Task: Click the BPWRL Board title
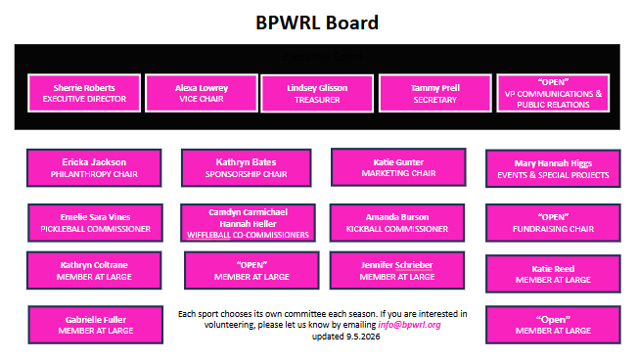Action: pos(317,22)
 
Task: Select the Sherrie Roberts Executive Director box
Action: pos(84,93)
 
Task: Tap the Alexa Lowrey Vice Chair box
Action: pos(202,93)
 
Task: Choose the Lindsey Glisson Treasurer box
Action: pos(317,94)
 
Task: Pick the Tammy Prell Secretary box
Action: pos(435,94)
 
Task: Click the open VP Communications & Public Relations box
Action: pos(553,93)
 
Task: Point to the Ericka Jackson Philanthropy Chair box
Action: pos(94,168)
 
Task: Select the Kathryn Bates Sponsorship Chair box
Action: pos(247,168)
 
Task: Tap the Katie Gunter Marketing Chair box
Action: pos(398,167)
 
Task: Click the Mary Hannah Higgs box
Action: pos(553,169)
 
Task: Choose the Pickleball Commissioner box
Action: pos(95,223)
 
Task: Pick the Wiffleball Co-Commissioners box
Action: pos(248,223)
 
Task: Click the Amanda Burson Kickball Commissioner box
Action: pos(397,223)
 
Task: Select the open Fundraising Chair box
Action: pos(553,223)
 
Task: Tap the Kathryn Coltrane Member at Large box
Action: pos(94,271)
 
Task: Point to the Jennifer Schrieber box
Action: pos(397,271)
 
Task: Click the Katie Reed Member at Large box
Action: pos(553,274)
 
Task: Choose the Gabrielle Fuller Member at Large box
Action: pos(96,325)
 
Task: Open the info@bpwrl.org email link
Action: pos(409,325)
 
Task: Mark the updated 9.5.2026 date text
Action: pos(345,337)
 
